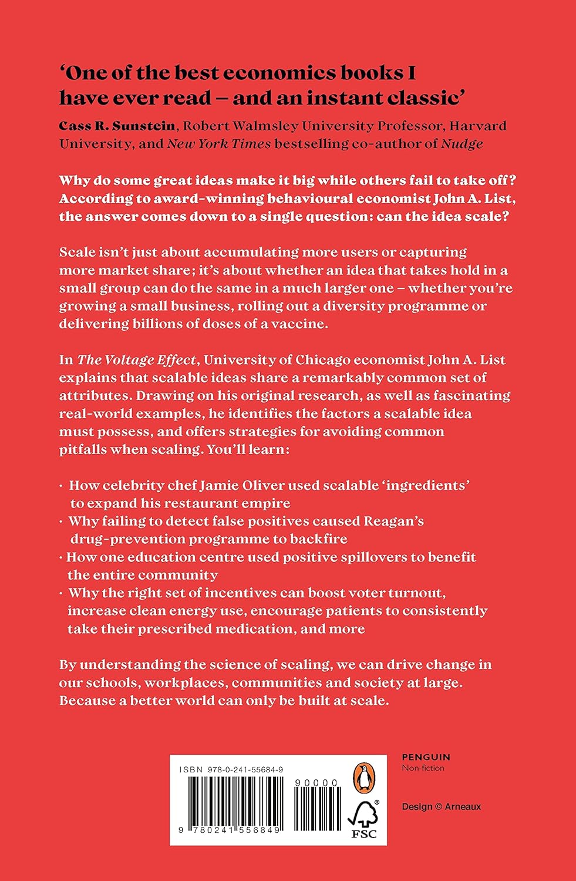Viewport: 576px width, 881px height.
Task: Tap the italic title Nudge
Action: pos(462,143)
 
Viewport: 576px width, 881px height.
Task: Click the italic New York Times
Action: pos(219,143)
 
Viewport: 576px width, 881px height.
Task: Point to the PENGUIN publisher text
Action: pos(426,758)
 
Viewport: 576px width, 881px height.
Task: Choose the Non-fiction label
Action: pos(423,768)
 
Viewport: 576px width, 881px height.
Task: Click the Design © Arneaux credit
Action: pos(441,807)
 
